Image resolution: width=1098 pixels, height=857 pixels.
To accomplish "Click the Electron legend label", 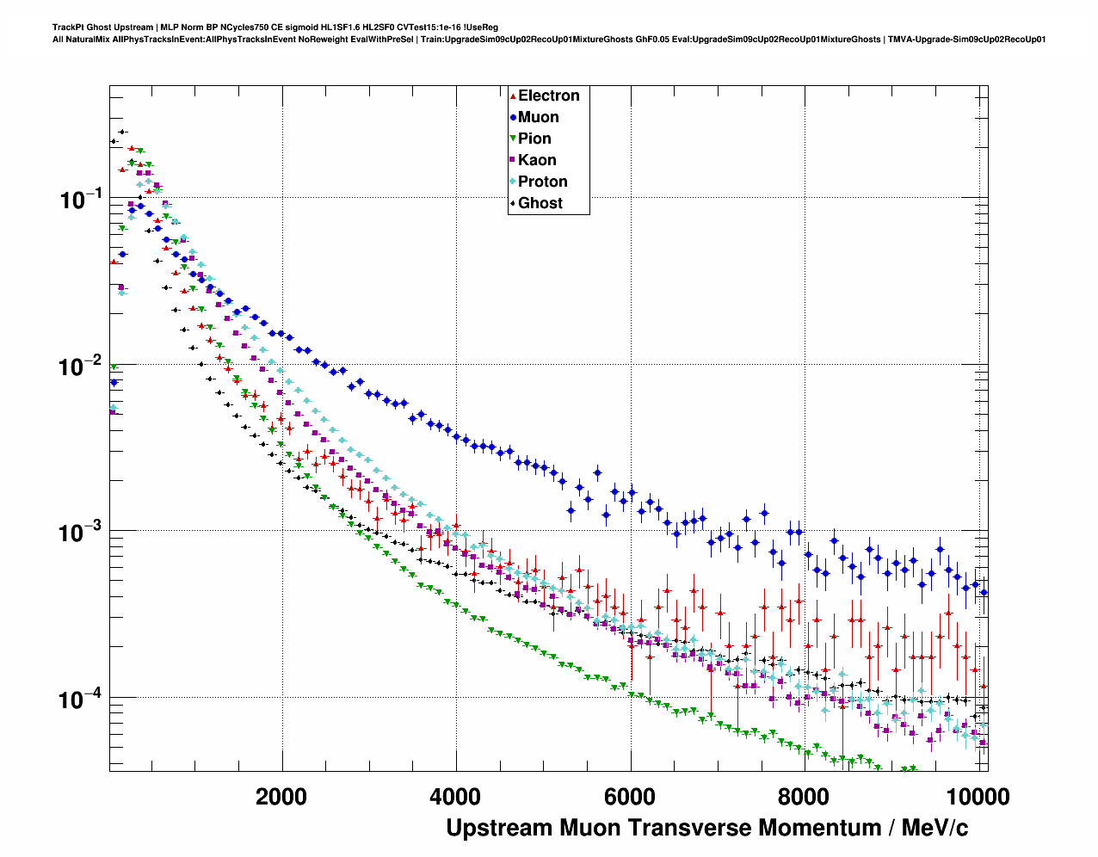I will tap(548, 96).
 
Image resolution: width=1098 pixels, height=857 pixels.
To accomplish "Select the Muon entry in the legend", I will tap(538, 117).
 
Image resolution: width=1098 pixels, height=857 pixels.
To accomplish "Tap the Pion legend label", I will tap(534, 139).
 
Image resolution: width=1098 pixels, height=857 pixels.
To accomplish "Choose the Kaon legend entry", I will tap(537, 160).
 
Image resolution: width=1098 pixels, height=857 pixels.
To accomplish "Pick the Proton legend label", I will tap(542, 182).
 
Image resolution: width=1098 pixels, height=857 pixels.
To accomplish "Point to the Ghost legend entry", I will tap(540, 203).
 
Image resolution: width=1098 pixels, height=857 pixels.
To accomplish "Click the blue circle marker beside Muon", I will tap(513, 117).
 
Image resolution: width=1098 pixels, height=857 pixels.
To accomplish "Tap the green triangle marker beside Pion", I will tap(513, 139).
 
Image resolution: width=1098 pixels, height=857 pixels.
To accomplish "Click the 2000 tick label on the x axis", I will tap(281, 797).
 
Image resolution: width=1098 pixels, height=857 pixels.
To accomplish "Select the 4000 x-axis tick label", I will tap(455, 797).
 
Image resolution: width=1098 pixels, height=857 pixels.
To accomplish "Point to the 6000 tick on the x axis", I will tap(630, 797).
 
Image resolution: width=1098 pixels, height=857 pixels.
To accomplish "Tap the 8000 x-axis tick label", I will tap(804, 797).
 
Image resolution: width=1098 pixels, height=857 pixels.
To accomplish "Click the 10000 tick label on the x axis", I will tap(978, 797).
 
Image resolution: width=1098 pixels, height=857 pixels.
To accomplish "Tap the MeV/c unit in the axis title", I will tap(934, 828).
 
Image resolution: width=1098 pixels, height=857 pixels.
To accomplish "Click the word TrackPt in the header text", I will tap(68, 28).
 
